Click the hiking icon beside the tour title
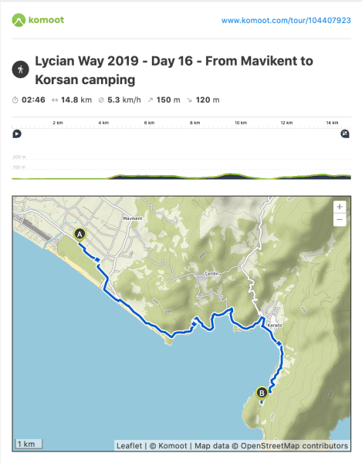[19, 69]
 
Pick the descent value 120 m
[207, 100]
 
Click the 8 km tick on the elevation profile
[195, 123]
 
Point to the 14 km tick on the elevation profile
[333, 123]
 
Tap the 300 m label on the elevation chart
[19, 157]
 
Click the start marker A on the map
[79, 234]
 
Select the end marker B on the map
[262, 392]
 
